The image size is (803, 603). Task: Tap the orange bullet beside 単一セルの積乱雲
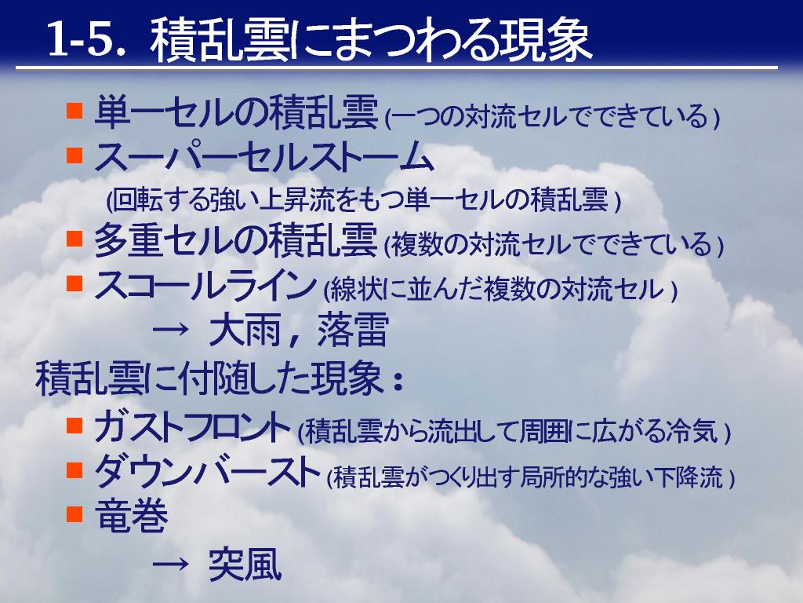[74, 110]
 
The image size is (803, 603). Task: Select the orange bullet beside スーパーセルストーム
[74, 155]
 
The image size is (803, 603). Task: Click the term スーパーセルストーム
[264, 157]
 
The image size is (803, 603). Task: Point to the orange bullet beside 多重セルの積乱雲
[74, 239]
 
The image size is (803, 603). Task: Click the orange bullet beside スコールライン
[74, 283]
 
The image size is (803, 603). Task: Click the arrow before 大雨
[170, 330]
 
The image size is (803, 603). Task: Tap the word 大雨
[245, 330]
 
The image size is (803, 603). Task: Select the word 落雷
[353, 330]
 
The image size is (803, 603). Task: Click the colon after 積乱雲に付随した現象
[397, 382]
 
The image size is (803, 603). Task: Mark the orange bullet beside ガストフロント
[74, 425]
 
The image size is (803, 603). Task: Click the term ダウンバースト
[207, 471]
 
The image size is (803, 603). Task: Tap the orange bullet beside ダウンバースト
[74, 470]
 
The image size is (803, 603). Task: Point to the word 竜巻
[132, 516]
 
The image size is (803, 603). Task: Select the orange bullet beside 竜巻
[74, 513]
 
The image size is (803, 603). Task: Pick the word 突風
[245, 565]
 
